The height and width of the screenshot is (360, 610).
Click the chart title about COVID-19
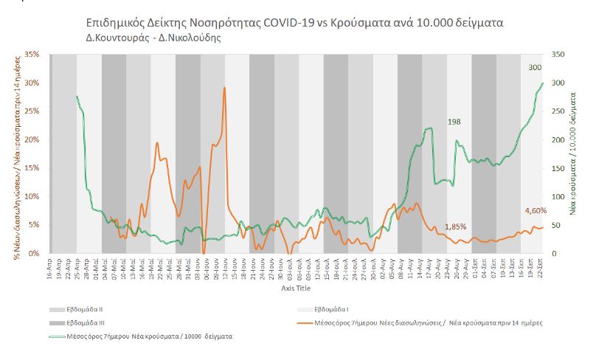tap(295, 22)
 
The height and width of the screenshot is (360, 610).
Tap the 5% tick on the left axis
tap(33, 225)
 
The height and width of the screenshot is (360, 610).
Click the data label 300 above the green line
tap(535, 68)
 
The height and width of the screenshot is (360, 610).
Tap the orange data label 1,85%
tap(455, 226)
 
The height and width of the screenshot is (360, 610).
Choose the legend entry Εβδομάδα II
tap(86, 308)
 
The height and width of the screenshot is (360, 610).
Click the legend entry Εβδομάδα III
tap(87, 322)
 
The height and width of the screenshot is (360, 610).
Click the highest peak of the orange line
tap(224, 88)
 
